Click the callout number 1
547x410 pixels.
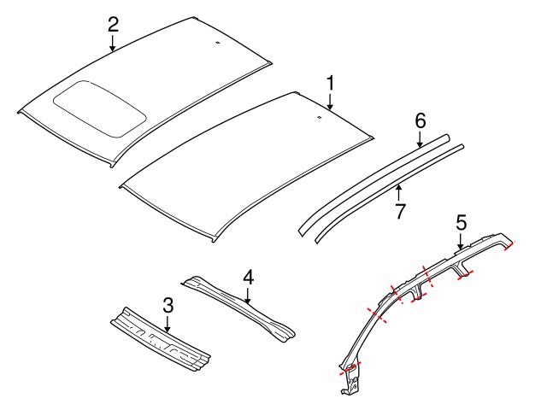coord(330,84)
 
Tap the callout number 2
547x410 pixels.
coord(113,23)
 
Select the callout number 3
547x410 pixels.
coord(168,305)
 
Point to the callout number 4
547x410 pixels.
coord(248,278)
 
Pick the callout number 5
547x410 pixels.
coord(461,223)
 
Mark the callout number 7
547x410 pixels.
coord(399,211)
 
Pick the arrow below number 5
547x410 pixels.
coord(461,242)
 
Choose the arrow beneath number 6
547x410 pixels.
coord(420,139)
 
